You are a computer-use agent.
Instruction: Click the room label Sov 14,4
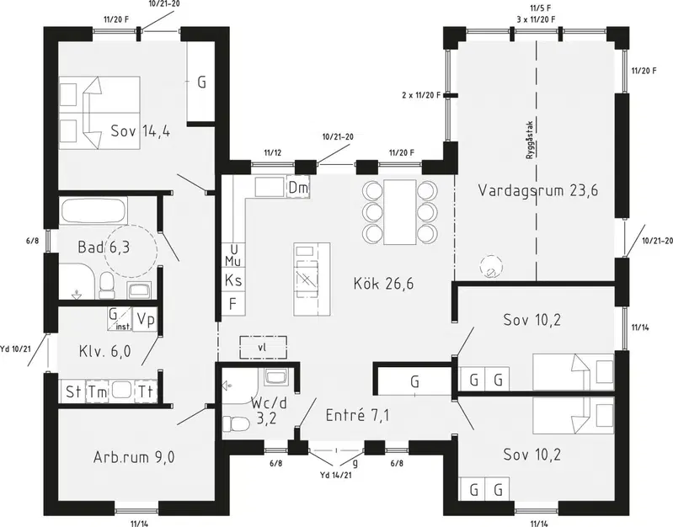(141, 130)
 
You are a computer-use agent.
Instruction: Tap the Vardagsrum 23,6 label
(537, 190)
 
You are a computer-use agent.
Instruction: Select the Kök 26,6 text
(384, 283)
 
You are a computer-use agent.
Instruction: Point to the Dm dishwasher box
(298, 188)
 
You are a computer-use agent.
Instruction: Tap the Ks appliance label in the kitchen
(233, 280)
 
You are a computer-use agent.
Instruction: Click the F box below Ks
(233, 304)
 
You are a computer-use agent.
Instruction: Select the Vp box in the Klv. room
(146, 319)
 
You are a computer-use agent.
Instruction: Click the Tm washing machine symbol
(98, 391)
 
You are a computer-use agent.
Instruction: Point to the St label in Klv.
(72, 391)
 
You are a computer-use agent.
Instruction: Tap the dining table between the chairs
(400, 211)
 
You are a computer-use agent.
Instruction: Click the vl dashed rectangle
(263, 347)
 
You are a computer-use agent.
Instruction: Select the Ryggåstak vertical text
(530, 141)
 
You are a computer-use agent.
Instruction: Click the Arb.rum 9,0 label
(134, 457)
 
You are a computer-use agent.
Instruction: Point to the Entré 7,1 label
(357, 415)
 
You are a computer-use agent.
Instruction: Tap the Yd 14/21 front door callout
(336, 475)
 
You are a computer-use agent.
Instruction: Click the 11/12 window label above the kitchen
(273, 152)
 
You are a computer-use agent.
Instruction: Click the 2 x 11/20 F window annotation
(421, 95)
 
